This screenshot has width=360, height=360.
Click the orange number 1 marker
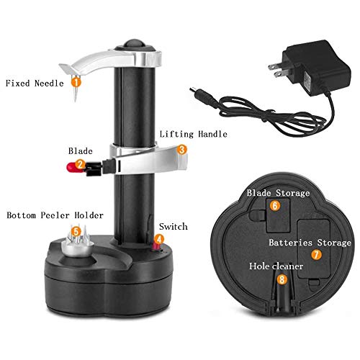[x=75, y=83]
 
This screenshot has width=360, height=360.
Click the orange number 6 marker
[x=274, y=205]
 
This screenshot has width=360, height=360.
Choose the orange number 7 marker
[x=315, y=254]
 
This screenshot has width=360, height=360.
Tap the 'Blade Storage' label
[x=278, y=193]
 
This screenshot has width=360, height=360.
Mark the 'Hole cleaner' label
[x=277, y=266]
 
